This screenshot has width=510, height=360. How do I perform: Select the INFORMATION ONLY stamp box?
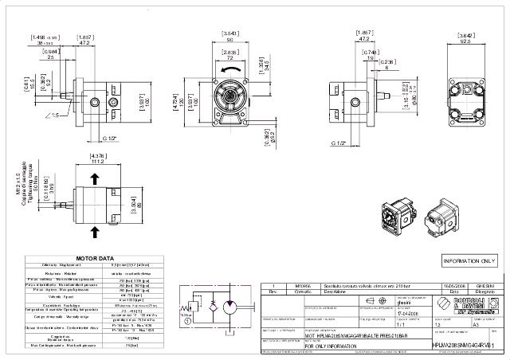tap(469, 260)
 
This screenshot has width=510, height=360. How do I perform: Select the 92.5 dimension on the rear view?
tap(467, 40)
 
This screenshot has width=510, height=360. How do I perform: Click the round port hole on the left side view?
tap(96, 101)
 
